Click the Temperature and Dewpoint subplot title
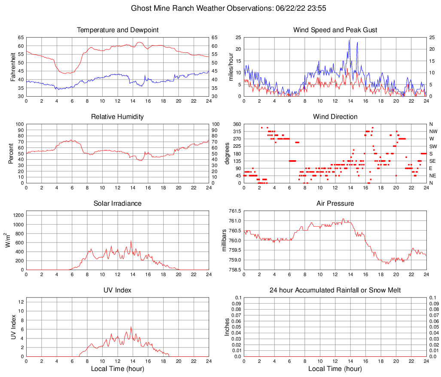(118, 30)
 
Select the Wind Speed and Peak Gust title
(335, 30)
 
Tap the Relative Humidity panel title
(118, 117)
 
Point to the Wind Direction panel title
(335, 117)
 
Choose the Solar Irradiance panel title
(118, 204)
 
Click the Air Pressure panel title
(335, 204)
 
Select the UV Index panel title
(118, 290)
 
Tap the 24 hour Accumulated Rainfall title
(335, 290)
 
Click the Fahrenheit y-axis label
(13, 67)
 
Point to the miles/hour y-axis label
(231, 67)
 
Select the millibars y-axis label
(224, 240)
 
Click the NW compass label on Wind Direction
(433, 131)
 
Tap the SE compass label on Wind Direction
(433, 161)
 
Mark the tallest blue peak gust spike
(350, 40)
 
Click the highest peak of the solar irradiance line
(131, 241)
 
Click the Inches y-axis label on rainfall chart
(228, 327)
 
